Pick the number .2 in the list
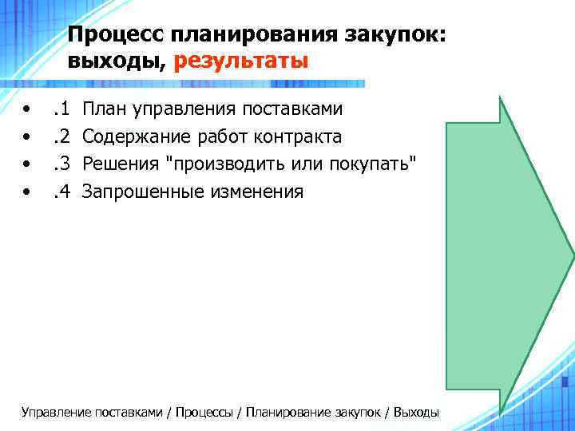(61, 136)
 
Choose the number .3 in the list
(61, 164)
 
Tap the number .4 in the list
(61, 191)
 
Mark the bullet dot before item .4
(28, 191)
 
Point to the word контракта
(298, 136)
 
